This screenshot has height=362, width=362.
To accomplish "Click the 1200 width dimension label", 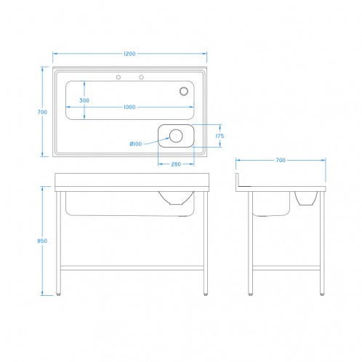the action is click(129, 54).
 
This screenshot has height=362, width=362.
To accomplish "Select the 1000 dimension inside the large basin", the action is click(129, 107).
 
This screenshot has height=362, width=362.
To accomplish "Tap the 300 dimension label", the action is click(84, 100).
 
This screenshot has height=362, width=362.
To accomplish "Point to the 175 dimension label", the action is click(220, 136).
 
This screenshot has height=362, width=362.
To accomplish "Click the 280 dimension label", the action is click(176, 164).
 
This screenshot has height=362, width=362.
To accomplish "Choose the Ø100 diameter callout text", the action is click(136, 144).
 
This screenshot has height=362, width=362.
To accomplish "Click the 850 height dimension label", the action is click(42, 241).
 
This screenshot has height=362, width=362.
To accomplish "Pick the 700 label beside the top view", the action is click(42, 112).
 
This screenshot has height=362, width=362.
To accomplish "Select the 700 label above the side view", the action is click(281, 160).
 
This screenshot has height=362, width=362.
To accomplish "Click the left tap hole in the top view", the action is click(118, 77).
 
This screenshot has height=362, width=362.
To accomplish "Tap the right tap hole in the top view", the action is click(141, 77).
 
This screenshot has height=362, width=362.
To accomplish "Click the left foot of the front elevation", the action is click(58, 294).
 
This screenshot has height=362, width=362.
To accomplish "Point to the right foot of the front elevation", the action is click(206, 294).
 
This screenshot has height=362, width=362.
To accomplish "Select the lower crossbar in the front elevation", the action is click(132, 268).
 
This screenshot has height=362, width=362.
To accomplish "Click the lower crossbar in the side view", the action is click(286, 268).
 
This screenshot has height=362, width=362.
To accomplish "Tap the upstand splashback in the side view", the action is click(238, 180).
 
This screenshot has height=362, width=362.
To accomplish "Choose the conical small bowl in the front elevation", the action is click(176, 198).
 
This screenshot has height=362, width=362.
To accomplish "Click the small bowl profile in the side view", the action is click(306, 198).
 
